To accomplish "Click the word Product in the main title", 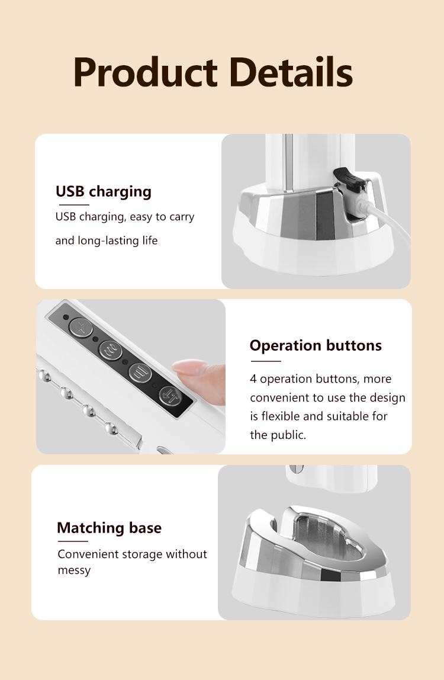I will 145,72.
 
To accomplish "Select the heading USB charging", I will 104,191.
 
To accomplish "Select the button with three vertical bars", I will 140,373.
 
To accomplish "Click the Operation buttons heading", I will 316,345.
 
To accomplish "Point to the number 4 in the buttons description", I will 253,379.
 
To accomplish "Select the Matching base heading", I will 109,528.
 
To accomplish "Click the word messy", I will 74,570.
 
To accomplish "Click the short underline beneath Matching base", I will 72,541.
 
